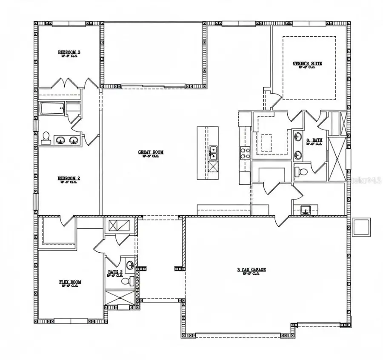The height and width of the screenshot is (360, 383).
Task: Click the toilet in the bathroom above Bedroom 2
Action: click(46, 137)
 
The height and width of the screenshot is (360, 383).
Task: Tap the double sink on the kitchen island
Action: click(212, 151)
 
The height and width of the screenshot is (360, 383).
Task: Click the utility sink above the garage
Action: click(305, 210)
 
